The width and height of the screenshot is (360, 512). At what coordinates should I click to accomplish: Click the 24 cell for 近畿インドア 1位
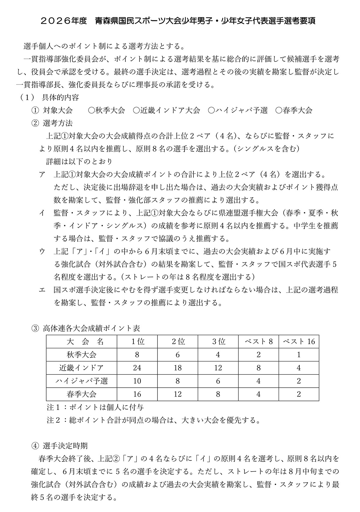click(x=137, y=368)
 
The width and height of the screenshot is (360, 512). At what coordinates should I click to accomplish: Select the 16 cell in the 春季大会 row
click(x=137, y=394)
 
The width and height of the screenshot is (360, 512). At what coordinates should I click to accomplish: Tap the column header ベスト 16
click(x=299, y=342)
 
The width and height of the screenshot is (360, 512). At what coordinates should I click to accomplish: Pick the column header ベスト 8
click(x=259, y=342)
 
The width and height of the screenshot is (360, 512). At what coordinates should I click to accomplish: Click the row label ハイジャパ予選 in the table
click(x=82, y=381)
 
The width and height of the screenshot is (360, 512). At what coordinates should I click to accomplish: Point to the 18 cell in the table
click(x=178, y=368)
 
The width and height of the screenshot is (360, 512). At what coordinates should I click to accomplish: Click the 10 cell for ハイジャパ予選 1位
click(x=137, y=381)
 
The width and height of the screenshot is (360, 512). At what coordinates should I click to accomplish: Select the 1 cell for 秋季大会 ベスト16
click(x=299, y=355)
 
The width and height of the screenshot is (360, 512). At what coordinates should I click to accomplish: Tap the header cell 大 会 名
click(x=82, y=342)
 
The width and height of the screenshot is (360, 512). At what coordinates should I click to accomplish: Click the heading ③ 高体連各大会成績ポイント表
click(x=86, y=328)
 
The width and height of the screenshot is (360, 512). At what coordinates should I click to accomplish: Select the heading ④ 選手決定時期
click(x=60, y=446)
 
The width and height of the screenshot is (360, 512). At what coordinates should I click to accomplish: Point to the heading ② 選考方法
click(x=52, y=123)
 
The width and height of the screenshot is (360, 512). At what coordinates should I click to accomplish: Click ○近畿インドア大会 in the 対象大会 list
click(x=166, y=110)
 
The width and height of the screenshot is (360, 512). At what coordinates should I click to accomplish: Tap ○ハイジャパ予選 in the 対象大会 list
click(x=237, y=110)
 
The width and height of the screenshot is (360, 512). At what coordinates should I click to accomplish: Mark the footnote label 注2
click(x=54, y=420)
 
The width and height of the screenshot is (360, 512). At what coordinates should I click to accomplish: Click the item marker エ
click(x=42, y=290)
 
